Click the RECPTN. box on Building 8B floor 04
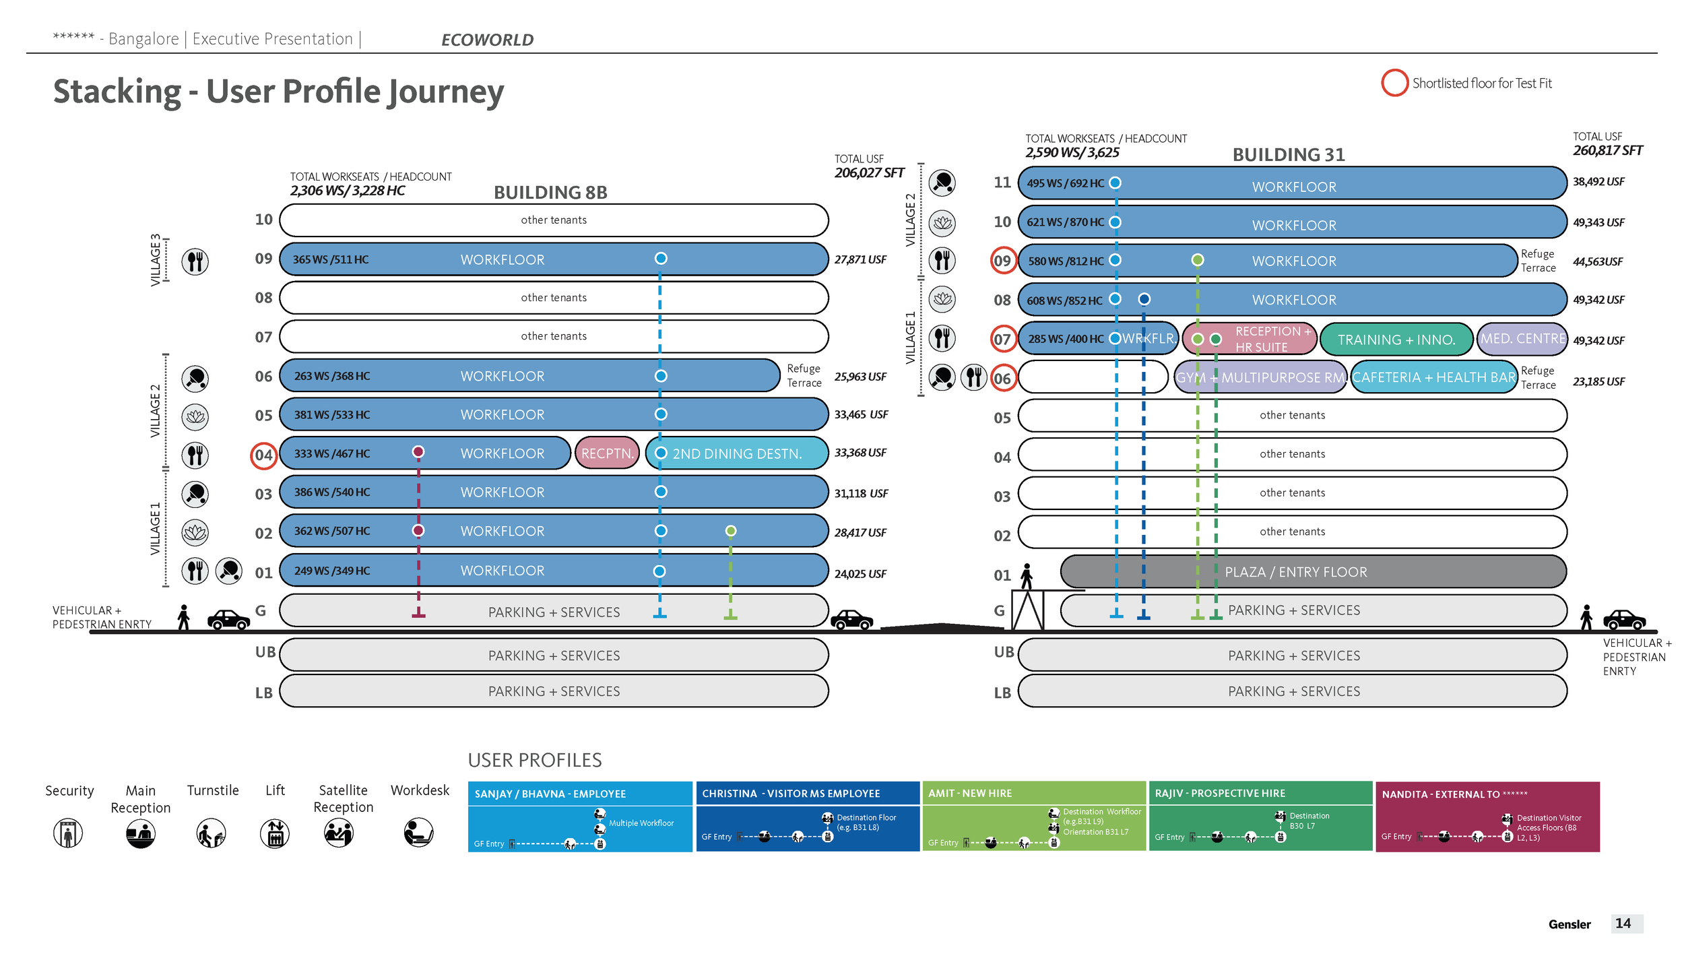607,453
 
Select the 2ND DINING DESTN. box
737,453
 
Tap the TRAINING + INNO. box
1396,340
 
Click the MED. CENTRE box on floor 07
1522,339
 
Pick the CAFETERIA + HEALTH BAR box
1433,377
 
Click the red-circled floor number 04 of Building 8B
263,455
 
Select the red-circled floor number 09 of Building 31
1002,261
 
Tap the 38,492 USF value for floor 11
1598,181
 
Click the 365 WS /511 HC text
330,259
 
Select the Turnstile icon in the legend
211,833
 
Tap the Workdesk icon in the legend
418,833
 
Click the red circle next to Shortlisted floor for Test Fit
1394,83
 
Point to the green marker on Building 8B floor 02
730,531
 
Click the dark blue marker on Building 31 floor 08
1144,299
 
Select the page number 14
1623,923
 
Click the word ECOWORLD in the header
487,40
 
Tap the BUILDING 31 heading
1288,155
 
